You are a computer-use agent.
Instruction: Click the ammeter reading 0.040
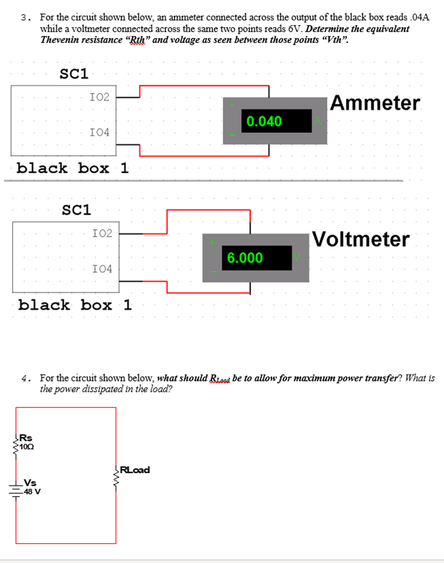click(x=264, y=121)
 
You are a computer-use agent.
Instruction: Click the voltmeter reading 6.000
click(x=245, y=258)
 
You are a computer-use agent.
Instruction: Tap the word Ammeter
click(x=375, y=103)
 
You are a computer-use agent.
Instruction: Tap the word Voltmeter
click(x=361, y=239)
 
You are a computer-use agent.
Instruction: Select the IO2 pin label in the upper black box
click(x=100, y=97)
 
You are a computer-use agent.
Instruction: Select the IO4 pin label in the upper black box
click(x=100, y=132)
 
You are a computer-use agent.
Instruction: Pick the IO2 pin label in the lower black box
click(x=102, y=233)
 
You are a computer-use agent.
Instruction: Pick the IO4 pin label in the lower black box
click(x=102, y=269)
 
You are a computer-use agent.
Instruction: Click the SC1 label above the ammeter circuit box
click(x=74, y=74)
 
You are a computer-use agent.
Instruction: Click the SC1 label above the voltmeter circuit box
click(x=77, y=210)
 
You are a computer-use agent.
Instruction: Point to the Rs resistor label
click(x=26, y=438)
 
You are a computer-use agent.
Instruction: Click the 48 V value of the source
click(x=32, y=492)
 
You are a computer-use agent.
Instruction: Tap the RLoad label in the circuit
click(x=135, y=470)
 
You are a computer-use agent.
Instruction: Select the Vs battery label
click(x=30, y=483)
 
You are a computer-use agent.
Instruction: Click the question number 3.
click(x=25, y=18)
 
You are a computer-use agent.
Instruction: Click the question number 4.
click(x=25, y=378)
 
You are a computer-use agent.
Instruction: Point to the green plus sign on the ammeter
click(x=232, y=105)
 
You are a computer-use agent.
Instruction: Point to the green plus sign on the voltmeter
click(x=212, y=242)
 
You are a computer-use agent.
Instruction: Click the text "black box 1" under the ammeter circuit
click(x=73, y=168)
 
